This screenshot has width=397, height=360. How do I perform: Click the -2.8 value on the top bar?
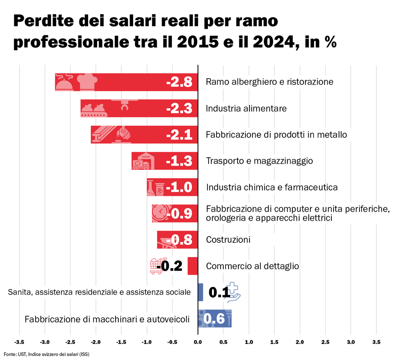click(179, 83)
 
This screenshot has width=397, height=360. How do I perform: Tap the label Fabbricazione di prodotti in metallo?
click(276, 135)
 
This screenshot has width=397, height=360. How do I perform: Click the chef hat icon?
click(86, 82)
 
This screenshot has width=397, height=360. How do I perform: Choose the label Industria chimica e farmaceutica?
click(272, 188)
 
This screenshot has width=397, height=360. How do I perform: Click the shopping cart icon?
click(156, 266)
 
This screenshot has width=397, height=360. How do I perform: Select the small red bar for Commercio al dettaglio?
click(193, 266)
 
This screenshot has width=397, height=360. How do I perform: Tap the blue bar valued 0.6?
click(215, 319)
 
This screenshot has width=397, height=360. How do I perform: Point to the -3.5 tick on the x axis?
click(19, 342)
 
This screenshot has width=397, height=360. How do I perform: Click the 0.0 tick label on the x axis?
click(198, 342)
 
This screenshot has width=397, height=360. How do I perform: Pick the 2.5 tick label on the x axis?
click(325, 342)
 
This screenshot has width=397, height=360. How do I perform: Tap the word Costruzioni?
click(228, 240)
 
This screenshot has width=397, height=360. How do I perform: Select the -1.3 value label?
click(179, 161)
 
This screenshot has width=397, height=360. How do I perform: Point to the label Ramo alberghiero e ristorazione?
click(269, 82)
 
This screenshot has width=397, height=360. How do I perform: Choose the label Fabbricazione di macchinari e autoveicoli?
click(107, 319)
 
